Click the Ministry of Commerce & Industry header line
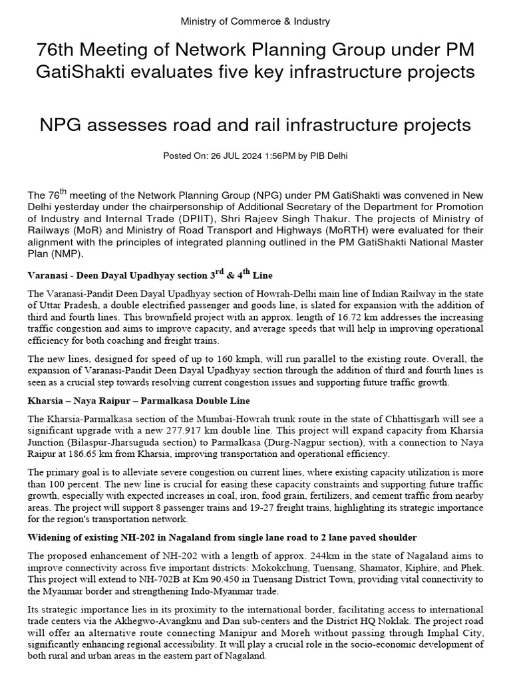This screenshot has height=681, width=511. [255, 22]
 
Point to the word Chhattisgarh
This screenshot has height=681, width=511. [406, 418]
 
